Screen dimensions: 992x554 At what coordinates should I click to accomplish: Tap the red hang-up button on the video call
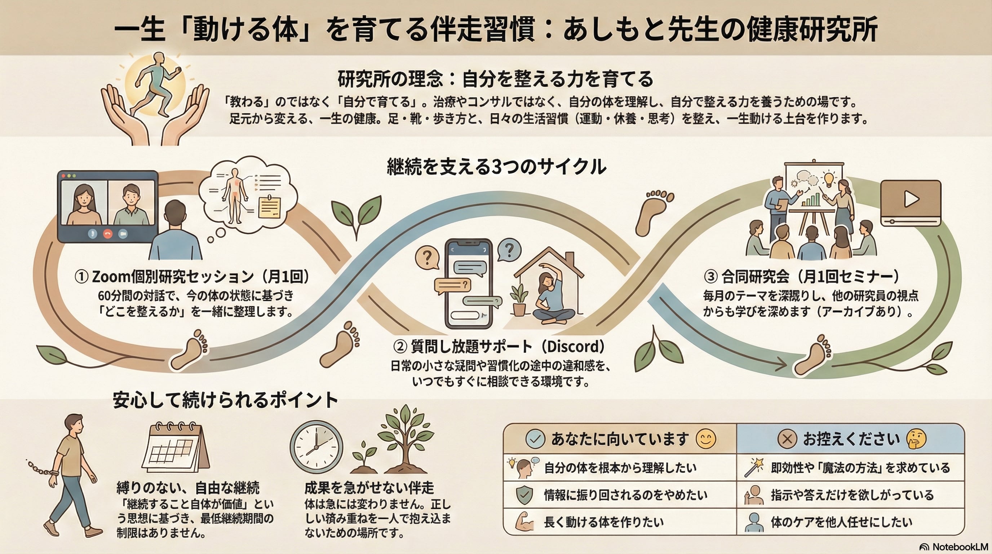[107, 233]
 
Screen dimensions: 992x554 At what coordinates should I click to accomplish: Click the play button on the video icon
[911, 199]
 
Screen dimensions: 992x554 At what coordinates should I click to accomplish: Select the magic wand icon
[754, 467]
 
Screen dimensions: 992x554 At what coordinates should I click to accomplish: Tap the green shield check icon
[524, 495]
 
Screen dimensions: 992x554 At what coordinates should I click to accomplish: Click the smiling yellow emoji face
[706, 439]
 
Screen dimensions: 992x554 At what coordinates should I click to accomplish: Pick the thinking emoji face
[916, 439]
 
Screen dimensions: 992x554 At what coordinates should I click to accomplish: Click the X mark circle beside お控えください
[787, 439]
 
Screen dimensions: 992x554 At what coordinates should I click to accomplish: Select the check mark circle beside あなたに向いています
[535, 439]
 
